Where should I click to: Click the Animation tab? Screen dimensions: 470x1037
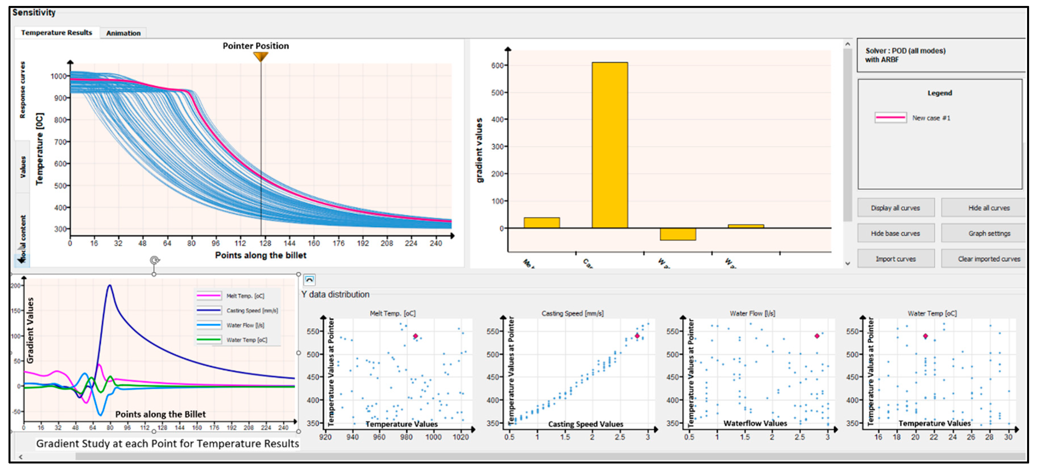123,33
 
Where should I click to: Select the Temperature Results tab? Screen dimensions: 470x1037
56,33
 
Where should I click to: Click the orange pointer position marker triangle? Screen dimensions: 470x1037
261,57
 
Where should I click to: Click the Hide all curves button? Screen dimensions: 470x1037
988,208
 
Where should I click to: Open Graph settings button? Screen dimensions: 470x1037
988,233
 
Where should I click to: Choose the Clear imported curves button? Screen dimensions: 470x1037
988,259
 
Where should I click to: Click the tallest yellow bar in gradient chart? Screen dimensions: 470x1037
609,145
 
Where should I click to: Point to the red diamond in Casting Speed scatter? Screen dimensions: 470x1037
637,336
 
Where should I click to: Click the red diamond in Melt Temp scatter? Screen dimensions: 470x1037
415,336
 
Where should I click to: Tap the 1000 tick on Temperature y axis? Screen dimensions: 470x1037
58,76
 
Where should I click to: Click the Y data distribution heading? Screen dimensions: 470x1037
335,294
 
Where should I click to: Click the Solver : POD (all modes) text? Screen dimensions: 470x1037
905,51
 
